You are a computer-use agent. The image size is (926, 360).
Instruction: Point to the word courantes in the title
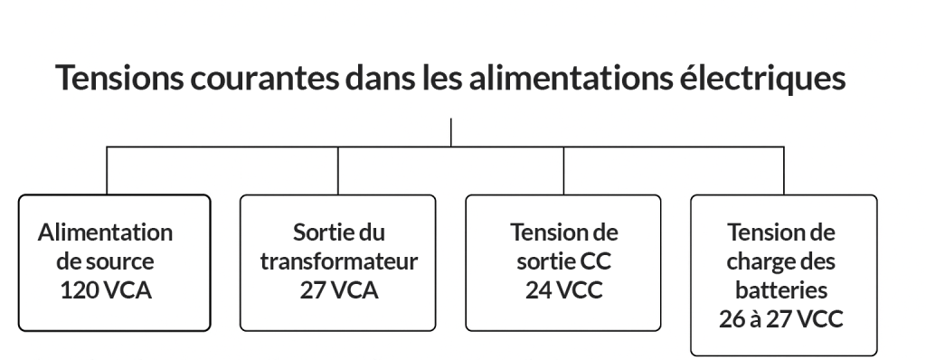pos(262,78)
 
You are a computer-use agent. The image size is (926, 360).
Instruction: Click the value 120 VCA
pos(106,291)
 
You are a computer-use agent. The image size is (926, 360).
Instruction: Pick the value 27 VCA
pos(338,291)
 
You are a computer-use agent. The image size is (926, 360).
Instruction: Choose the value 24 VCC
pos(564,291)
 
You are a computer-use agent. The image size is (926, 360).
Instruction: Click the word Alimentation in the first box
pos(106,232)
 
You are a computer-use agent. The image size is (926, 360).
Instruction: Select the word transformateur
pos(338,262)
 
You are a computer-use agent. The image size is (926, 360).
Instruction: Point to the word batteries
pos(783,291)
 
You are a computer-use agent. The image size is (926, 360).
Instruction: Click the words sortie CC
pos(564,262)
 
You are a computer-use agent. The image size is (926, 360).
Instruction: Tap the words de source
pos(106,262)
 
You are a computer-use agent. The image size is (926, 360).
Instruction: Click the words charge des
pos(783,262)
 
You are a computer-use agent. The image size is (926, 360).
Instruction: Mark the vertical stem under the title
pos(450,131)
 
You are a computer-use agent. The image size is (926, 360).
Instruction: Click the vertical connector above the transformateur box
pos(338,170)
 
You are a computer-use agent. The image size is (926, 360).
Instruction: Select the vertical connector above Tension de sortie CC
pos(564,170)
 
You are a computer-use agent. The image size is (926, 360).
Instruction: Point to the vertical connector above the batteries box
pos(783,170)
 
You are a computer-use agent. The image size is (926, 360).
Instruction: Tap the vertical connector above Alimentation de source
pos(107,170)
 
